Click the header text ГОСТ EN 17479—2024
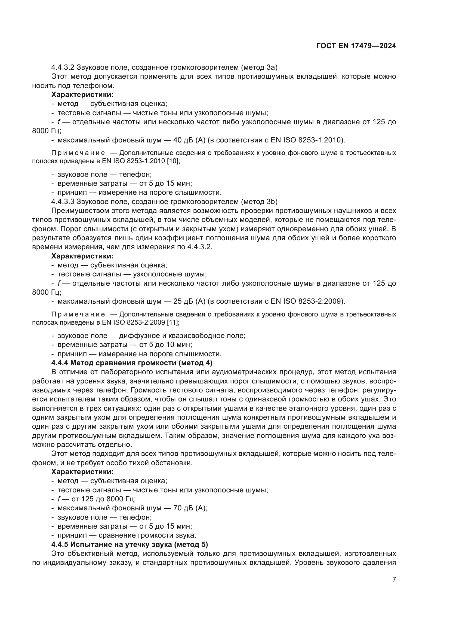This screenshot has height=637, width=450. point(356,46)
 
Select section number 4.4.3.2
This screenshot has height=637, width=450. point(63,68)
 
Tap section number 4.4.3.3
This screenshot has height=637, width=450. point(63,202)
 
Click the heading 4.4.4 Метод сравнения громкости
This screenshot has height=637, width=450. point(132,363)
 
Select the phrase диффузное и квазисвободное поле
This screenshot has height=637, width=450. point(182,336)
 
